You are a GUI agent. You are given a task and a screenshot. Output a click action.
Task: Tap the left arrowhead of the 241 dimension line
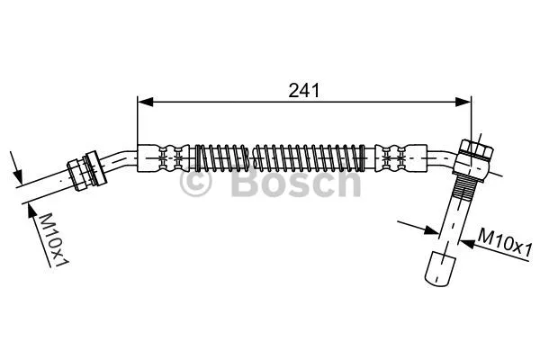click(x=143, y=104)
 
